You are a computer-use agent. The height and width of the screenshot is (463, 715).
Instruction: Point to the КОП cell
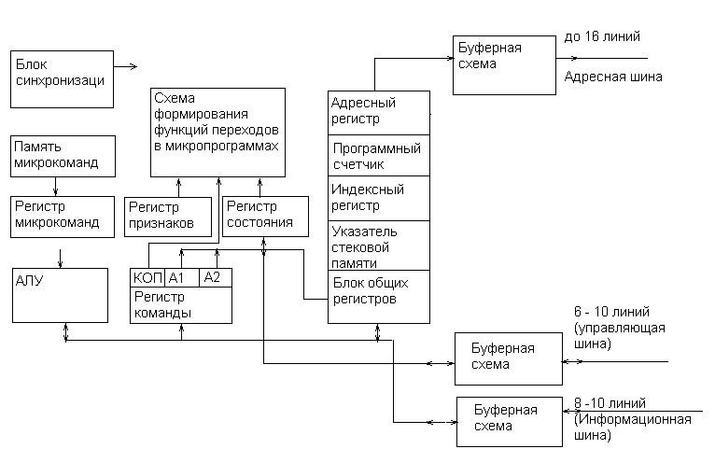click(147, 277)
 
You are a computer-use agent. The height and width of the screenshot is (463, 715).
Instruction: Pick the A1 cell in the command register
click(182, 277)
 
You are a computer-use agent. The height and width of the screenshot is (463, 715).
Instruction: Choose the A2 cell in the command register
click(216, 277)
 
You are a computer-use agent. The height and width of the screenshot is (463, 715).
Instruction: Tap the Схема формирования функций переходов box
click(217, 132)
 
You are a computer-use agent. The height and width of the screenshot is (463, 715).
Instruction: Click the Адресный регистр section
click(378, 113)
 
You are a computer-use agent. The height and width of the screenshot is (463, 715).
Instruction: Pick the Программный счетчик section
click(378, 156)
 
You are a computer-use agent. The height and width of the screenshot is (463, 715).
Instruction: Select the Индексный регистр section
click(378, 198)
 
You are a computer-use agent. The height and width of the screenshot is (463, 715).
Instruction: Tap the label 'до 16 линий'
click(601, 37)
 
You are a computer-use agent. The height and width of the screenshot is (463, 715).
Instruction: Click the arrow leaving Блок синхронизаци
click(125, 66)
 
